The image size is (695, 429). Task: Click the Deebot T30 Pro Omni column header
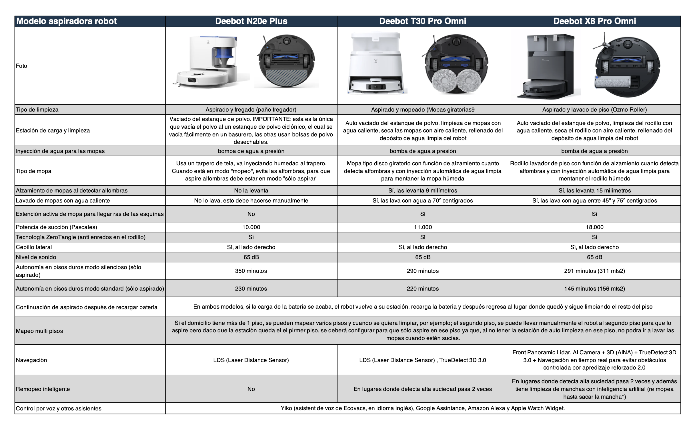tap(423, 21)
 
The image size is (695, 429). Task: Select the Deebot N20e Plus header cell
tap(251, 21)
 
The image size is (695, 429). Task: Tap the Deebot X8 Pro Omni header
tap(594, 21)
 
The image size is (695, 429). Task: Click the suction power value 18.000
tap(594, 227)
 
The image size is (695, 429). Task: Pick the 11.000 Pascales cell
tap(423, 227)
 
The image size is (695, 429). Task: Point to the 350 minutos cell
tap(251, 271)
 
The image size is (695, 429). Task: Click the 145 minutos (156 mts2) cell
tap(594, 289)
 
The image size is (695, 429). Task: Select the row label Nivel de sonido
tap(36, 257)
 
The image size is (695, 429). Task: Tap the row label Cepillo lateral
tap(34, 247)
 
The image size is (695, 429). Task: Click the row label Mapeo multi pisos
tap(39, 331)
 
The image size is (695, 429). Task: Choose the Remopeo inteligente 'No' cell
tap(251, 389)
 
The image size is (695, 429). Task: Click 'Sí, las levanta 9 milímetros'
tap(423, 190)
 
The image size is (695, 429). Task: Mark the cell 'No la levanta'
tap(251, 190)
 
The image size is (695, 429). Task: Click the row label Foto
tap(22, 66)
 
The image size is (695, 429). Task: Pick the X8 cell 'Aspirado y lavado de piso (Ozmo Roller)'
tap(594, 110)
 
